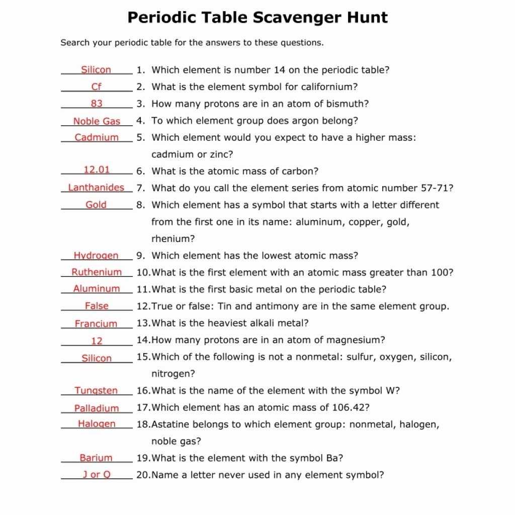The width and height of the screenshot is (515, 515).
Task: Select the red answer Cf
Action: point(97,87)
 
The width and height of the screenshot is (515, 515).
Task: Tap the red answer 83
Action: point(97,104)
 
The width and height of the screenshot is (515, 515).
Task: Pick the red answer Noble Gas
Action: point(97,121)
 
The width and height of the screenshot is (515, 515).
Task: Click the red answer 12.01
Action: point(97,170)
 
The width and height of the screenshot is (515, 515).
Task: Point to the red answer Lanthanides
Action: point(96,188)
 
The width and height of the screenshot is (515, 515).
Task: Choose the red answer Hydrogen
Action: point(96,255)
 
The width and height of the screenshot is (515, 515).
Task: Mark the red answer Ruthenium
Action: point(97,272)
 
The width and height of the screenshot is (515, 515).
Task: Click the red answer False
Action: point(97,306)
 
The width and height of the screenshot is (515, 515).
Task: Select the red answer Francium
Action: point(96,324)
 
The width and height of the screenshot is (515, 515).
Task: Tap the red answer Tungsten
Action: point(96,391)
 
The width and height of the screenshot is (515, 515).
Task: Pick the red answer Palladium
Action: point(97,408)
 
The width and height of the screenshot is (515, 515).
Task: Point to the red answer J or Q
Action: point(97,475)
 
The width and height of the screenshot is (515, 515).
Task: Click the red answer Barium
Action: point(96,458)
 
